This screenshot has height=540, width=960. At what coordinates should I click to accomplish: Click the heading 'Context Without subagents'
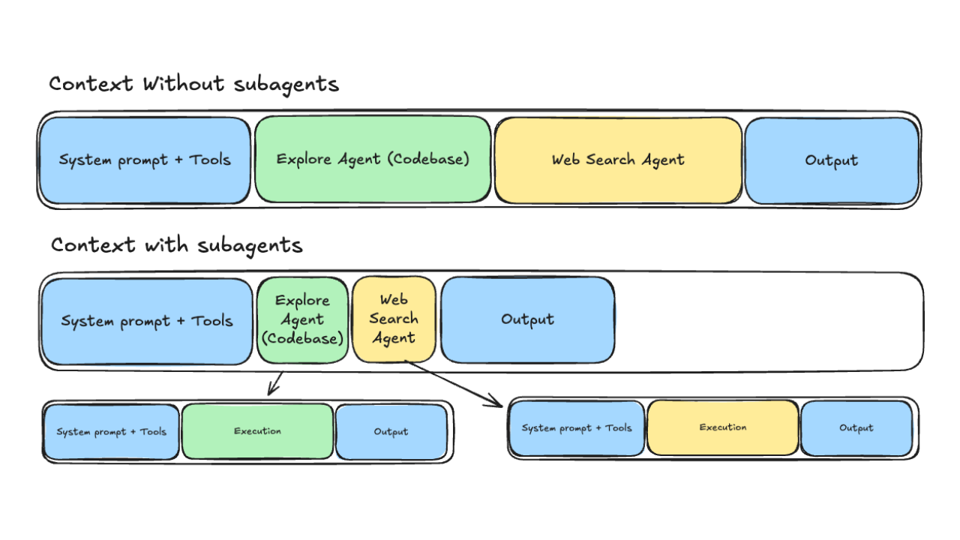193,83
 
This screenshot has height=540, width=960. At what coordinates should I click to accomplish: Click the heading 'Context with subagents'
176,244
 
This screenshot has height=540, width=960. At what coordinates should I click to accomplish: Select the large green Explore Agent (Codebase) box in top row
373,159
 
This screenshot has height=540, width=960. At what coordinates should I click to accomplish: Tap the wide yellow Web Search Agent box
618,160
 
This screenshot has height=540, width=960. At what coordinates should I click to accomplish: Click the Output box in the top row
831,160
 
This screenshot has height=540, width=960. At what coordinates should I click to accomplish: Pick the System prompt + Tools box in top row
145,160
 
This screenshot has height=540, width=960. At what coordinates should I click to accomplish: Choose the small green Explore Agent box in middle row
302,320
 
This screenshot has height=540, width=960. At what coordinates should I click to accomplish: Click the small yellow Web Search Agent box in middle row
394,320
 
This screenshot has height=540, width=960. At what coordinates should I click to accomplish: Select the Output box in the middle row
527,320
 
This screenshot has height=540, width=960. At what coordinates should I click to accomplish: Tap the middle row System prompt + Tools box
146,321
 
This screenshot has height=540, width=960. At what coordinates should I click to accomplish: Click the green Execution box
257,431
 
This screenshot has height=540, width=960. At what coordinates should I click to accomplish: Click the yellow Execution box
723,427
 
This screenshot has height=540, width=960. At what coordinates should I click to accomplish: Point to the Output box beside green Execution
391,432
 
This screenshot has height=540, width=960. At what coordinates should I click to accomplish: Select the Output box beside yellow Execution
856,428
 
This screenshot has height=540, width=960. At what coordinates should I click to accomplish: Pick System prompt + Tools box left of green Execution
111,432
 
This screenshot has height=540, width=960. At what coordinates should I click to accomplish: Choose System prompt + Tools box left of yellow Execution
576,428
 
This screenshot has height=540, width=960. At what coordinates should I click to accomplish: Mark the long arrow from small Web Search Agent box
454,383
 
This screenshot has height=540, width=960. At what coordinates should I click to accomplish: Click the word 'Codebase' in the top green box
433,159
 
